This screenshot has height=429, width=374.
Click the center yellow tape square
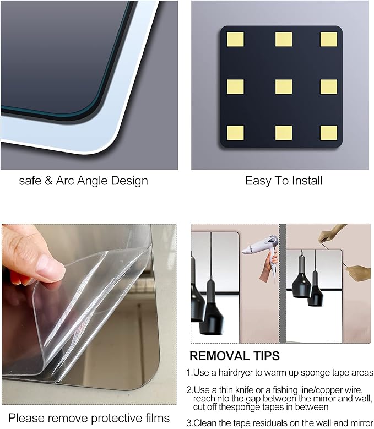[284, 86]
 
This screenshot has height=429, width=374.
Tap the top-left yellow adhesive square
[235, 39]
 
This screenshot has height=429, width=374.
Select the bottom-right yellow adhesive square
[329, 133]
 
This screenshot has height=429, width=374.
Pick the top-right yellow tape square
[329, 39]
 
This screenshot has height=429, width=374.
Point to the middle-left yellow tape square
[235, 86]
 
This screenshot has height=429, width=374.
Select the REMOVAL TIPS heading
[235, 356]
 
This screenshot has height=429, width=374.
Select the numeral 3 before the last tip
[188, 423]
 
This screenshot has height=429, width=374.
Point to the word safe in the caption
[30, 181]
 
